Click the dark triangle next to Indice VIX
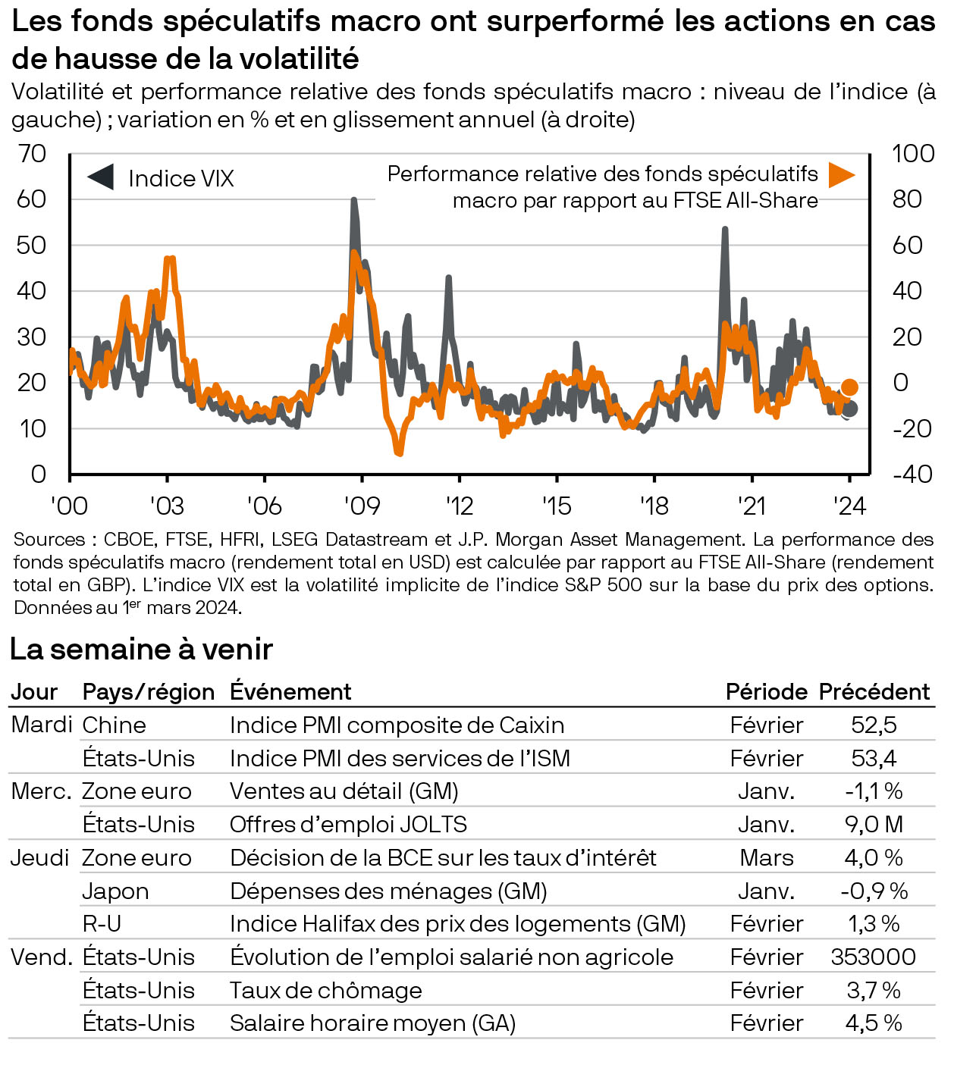(x=102, y=177)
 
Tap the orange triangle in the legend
(x=840, y=174)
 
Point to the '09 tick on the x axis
(x=361, y=506)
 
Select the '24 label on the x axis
(x=849, y=506)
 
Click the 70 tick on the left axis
(x=32, y=154)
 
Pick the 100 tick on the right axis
(x=912, y=154)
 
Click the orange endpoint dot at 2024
(x=849, y=387)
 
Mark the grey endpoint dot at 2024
(x=850, y=409)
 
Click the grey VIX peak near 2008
(x=353, y=200)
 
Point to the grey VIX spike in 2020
(x=725, y=228)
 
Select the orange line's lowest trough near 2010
(x=399, y=453)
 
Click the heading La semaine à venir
(x=141, y=650)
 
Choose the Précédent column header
(x=874, y=691)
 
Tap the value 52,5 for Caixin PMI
(x=874, y=725)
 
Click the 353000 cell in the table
(x=874, y=957)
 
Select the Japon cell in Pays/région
(x=115, y=891)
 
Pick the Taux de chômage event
(x=326, y=990)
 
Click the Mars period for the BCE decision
(x=767, y=857)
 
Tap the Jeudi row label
(x=39, y=857)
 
